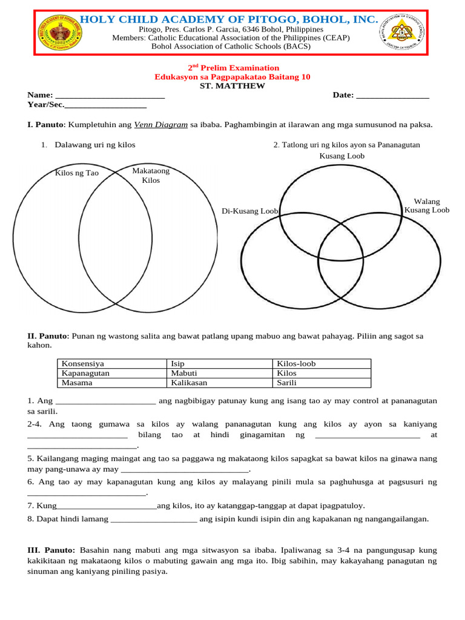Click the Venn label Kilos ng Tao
click(76, 173)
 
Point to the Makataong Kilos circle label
click(151, 176)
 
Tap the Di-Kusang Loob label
click(249, 211)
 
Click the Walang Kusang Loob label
click(427, 206)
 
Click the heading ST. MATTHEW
click(232, 86)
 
